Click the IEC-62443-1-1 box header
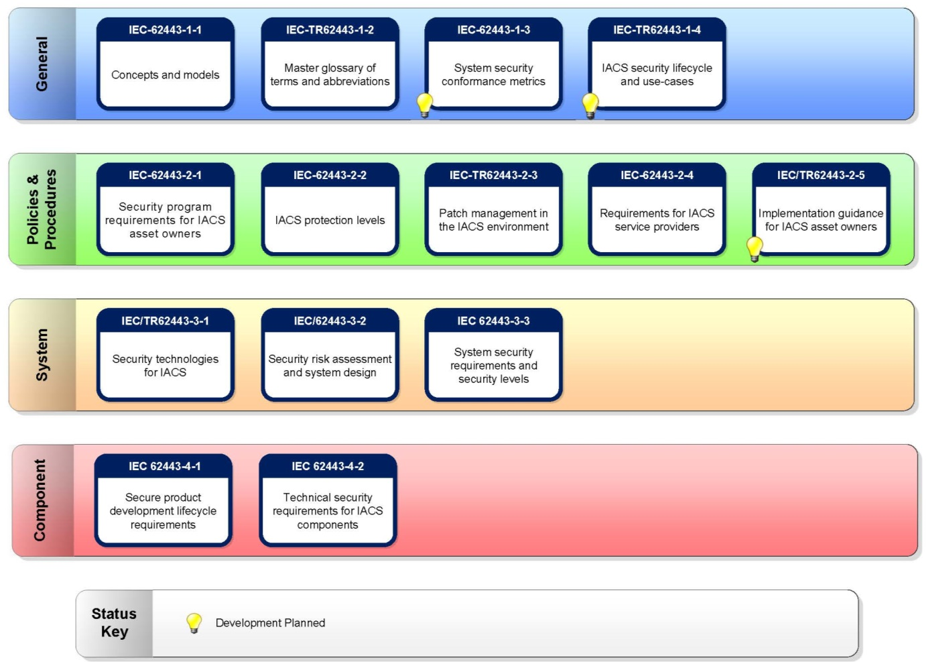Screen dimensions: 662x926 pyautogui.click(x=165, y=30)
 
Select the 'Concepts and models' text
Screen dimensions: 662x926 pyautogui.click(x=165, y=75)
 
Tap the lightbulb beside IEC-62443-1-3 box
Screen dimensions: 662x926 pyautogui.click(x=425, y=105)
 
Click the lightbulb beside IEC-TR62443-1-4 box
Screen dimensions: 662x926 pyautogui.click(x=590, y=105)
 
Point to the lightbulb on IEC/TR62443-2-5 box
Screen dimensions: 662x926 pyautogui.click(x=754, y=248)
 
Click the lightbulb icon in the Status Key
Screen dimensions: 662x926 pyautogui.click(x=194, y=622)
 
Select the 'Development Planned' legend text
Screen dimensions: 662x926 pyautogui.click(x=270, y=623)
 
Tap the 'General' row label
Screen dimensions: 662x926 pyautogui.click(x=42, y=64)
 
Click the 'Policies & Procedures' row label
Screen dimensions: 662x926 pyautogui.click(x=42, y=209)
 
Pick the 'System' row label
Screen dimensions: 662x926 pyautogui.click(x=42, y=355)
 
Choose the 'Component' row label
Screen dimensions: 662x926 pyautogui.click(x=40, y=500)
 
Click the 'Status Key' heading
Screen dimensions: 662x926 pyautogui.click(x=114, y=622)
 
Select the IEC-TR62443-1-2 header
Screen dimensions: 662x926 pyautogui.click(x=330, y=30)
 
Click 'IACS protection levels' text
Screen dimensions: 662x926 pyautogui.click(x=330, y=220)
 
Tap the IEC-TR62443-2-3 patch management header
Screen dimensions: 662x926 pyautogui.click(x=493, y=175)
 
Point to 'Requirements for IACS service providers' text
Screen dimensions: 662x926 pyautogui.click(x=657, y=220)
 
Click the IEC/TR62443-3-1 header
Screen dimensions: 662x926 pyautogui.click(x=165, y=321)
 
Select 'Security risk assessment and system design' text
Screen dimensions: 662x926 pyautogui.click(x=330, y=366)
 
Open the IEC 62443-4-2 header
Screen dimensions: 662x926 pyautogui.click(x=328, y=466)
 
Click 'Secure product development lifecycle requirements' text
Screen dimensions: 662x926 pyautogui.click(x=163, y=511)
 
